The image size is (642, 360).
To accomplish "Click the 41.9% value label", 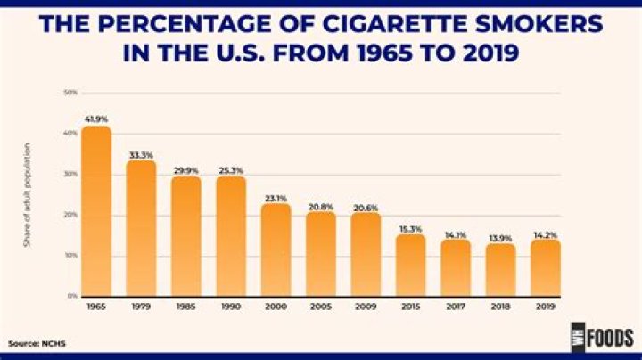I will [x=96, y=119].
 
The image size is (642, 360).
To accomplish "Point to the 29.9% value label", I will [x=186, y=168].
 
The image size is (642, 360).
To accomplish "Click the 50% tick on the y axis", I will [x=70, y=93].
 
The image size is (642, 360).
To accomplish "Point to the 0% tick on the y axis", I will [x=72, y=296].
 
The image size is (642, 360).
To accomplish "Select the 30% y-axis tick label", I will [x=70, y=174].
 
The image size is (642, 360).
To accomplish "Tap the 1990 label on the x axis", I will [x=231, y=307].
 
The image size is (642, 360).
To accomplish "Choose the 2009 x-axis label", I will [x=366, y=307].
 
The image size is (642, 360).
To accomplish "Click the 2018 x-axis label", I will [x=500, y=307].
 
